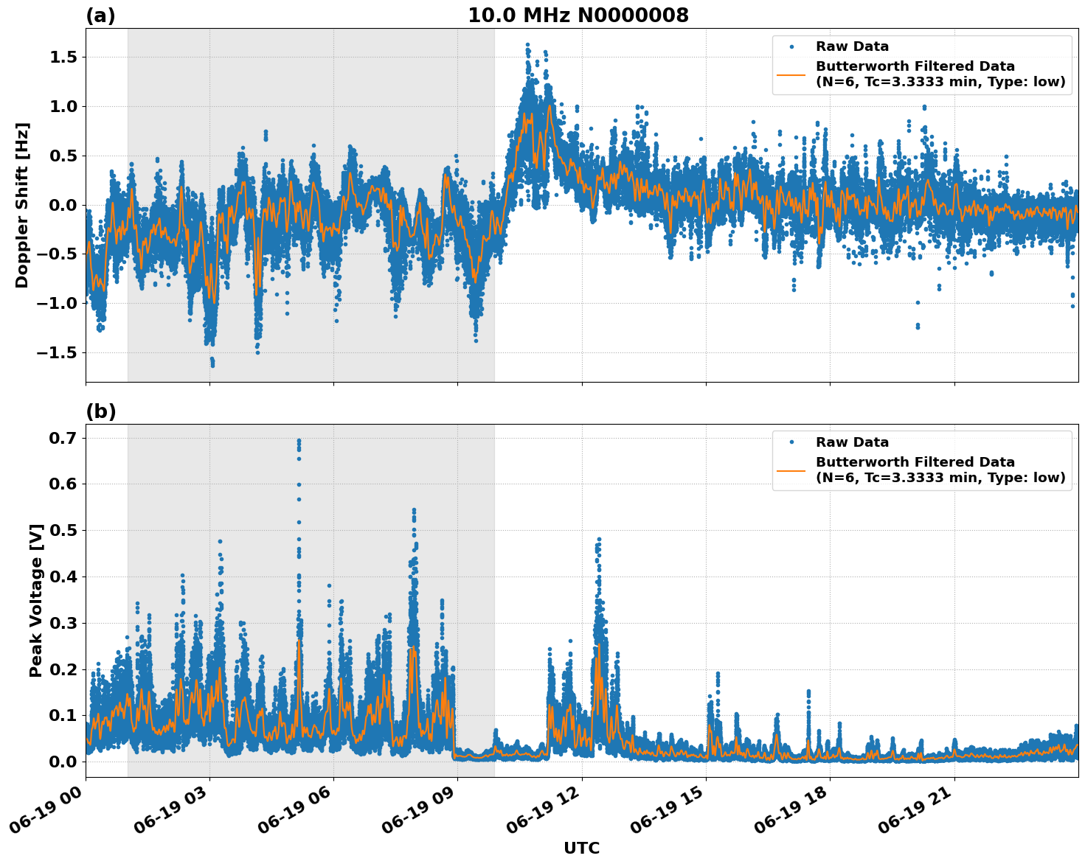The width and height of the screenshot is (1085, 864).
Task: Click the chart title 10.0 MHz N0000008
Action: pos(578,15)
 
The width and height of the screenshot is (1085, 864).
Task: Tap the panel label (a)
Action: pos(100,15)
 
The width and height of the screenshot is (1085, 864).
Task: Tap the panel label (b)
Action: pos(100,411)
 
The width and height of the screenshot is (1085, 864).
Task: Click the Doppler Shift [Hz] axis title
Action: pos(22,205)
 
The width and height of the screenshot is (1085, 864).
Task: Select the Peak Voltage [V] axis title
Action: pos(35,600)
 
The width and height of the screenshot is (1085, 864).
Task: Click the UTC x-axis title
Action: pos(581,848)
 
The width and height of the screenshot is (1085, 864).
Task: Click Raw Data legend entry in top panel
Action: pos(852,46)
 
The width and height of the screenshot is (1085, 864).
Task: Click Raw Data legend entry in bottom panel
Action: pos(852,442)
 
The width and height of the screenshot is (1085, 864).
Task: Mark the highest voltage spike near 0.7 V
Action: pos(299,441)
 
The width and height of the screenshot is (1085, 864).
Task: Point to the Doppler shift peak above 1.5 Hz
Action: pos(527,45)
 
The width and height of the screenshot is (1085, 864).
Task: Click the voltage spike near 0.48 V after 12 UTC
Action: pos(598,540)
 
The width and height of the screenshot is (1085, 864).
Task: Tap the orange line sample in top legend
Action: pos(791,74)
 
